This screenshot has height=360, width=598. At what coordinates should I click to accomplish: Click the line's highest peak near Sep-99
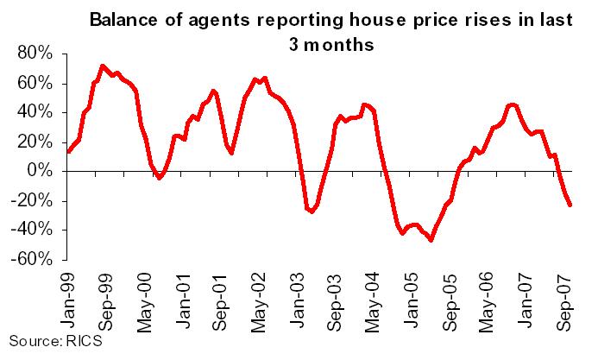coord(103,66)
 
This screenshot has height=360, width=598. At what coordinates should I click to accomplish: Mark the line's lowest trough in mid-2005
coord(431,240)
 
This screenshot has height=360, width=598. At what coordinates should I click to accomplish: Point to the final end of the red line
coord(570,205)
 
